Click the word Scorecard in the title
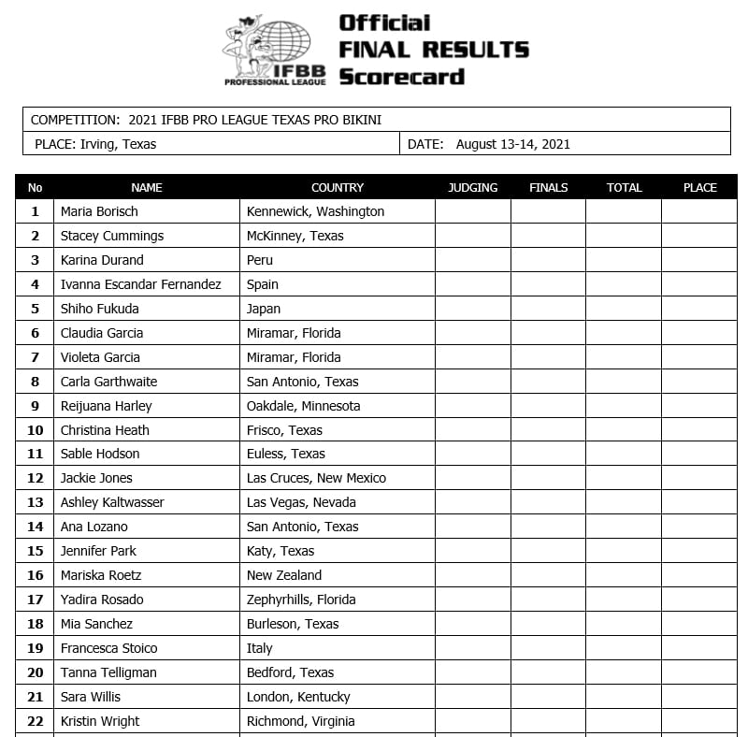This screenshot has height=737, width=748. [401, 77]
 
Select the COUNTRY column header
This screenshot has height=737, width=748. [337, 187]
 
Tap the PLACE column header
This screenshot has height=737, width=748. [699, 187]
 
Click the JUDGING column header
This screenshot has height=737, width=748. [472, 187]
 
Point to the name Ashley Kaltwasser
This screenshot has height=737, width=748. [111, 502]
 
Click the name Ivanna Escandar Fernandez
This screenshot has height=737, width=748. [140, 284]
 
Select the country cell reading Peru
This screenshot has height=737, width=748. [260, 260]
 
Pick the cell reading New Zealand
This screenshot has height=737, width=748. [283, 575]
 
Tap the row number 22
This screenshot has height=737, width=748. [35, 721]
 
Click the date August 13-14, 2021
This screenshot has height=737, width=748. [512, 144]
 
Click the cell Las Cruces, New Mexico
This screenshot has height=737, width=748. [316, 478]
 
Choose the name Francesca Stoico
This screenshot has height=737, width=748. [108, 648]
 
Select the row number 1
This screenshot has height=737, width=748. [35, 211]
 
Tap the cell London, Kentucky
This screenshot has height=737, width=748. [298, 697]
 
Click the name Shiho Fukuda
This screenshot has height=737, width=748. [99, 309]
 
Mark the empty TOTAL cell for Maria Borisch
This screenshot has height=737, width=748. [624, 211]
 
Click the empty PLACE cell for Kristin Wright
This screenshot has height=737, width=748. [699, 721]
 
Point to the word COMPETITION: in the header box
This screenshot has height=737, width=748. [75, 120]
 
